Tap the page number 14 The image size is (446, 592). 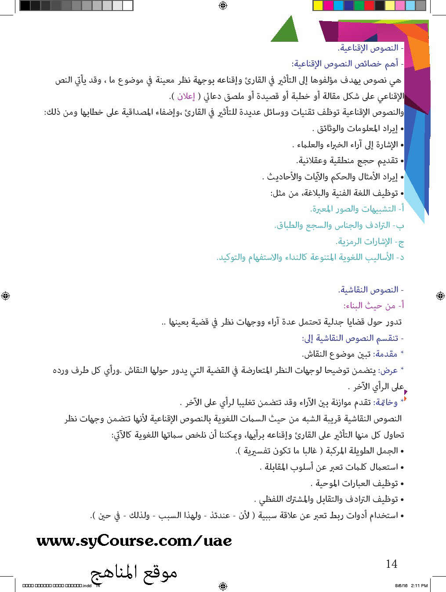pos(391,564)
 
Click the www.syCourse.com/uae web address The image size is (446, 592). pos(134,541)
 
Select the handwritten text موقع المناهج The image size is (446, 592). pos(134,573)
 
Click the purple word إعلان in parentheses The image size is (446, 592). pos(186,96)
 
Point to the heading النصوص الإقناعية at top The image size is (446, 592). pos(370,48)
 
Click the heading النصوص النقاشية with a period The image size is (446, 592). pos(370,290)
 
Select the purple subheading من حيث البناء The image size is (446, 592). pos(373,306)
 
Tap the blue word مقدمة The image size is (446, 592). pos(386,354)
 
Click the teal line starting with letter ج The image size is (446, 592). pos(370,241)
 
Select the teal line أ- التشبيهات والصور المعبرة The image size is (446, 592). pos(356,209)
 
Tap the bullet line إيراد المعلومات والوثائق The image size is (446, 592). pos(357,128)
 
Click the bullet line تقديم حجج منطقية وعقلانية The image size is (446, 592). pos(349,161)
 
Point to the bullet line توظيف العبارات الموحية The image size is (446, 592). pos(356,483)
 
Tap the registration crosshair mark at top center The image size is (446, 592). pos(223,5)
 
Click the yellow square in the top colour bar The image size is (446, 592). pos(317,5)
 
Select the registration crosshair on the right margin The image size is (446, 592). pos(440,296)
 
